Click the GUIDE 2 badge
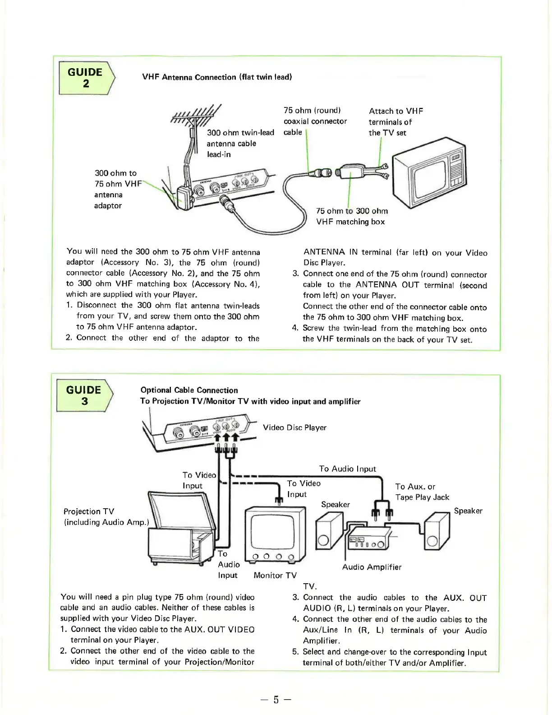coord(86,78)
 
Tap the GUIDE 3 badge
coord(84,395)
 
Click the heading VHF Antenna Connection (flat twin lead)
coord(217,77)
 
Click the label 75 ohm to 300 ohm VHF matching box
coord(351,216)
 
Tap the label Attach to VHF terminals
coord(396,122)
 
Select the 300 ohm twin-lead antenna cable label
coord(240,143)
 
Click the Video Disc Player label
coord(294,427)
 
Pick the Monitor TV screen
coord(272,531)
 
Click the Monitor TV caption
coord(275,575)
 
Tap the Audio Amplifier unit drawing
coord(368,538)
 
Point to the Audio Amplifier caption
coord(372,567)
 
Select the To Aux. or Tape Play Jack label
coord(422,492)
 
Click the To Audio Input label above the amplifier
coord(347,469)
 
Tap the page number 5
coord(276,700)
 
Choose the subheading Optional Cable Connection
coord(189,390)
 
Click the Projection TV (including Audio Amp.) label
coord(106,517)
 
